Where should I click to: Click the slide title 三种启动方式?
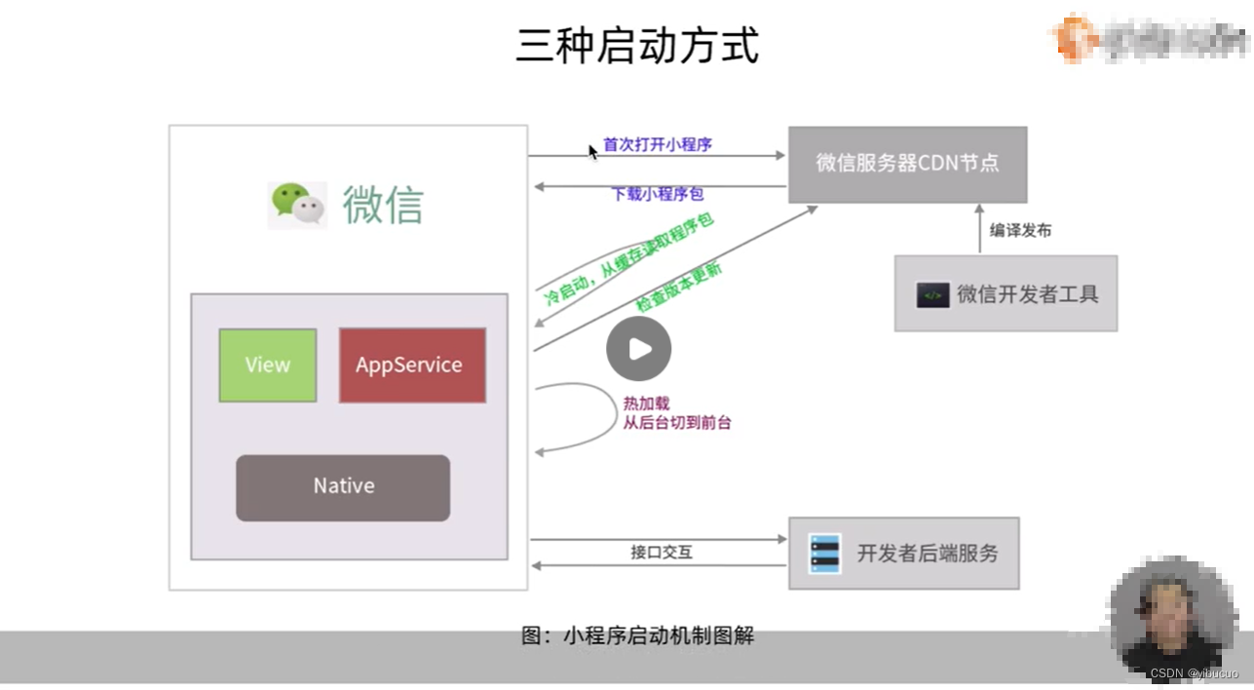pyautogui.click(x=637, y=46)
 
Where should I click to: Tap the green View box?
pyautogui.click(x=267, y=365)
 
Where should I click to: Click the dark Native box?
pyautogui.click(x=343, y=486)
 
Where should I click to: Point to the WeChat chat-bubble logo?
pyautogui.click(x=296, y=205)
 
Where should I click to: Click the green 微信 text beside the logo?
pyautogui.click(x=383, y=205)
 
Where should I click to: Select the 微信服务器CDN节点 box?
pyautogui.click(x=906, y=164)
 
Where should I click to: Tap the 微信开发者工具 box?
pyautogui.click(x=1006, y=293)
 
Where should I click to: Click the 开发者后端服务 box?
pyautogui.click(x=903, y=553)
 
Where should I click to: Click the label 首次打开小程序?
pyautogui.click(x=658, y=144)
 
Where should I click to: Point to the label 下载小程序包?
pyautogui.click(x=657, y=194)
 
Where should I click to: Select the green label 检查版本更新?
pyautogui.click(x=679, y=287)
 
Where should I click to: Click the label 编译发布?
pyautogui.click(x=1020, y=231)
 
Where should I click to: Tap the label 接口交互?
pyautogui.click(x=661, y=552)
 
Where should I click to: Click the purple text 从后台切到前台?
pyautogui.click(x=676, y=423)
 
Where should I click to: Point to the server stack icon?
pyautogui.click(x=824, y=553)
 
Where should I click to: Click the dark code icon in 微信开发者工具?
pyautogui.click(x=932, y=294)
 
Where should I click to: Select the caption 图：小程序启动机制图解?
pyautogui.click(x=637, y=636)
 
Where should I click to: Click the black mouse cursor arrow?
pyautogui.click(x=592, y=151)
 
